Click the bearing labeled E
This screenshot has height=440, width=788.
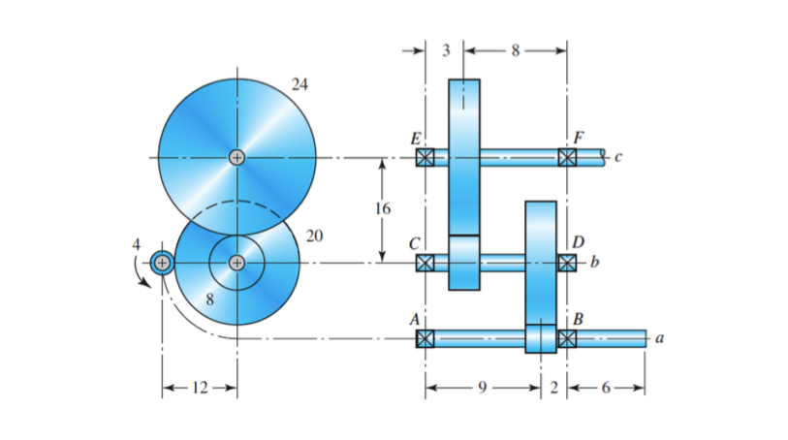425,157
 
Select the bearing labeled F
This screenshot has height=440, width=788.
567,157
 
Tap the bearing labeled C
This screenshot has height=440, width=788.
425,262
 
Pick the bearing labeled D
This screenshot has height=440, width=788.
567,262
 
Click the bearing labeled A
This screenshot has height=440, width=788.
425,338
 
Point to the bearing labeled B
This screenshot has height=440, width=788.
567,338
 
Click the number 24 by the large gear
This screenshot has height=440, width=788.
299,84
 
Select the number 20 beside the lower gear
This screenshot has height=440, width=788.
314,236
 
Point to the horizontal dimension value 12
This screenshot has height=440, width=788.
199,388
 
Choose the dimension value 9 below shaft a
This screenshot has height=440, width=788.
482,388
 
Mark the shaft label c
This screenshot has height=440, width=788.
618,157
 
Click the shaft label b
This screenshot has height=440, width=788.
595,262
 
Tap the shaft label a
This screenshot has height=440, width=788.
659,338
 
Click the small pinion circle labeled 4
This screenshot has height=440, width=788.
162,263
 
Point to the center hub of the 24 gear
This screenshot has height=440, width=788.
236,157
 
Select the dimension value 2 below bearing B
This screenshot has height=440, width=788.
553,388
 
